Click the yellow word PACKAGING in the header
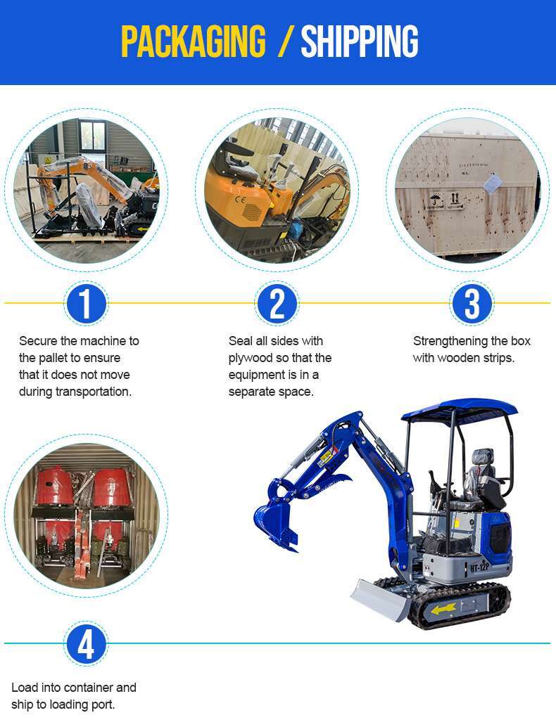193,41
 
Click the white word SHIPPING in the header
360,41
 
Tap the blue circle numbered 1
86,304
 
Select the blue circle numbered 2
277,304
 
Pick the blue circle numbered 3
472,304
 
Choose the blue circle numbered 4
86,644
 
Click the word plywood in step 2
251,359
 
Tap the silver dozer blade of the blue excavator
379,600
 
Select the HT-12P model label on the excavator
480,567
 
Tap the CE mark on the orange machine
240,201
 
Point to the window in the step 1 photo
92,134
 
